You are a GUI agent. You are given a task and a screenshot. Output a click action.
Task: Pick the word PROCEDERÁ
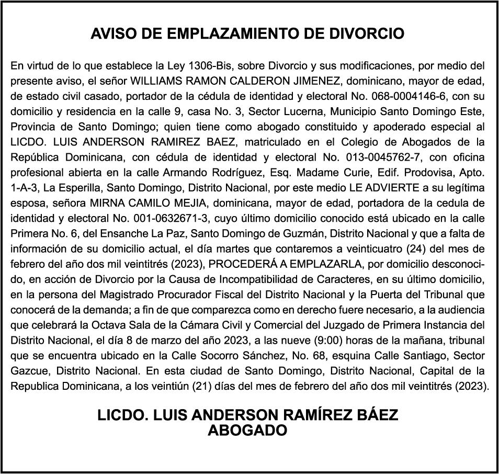pyautogui.click(x=238, y=263)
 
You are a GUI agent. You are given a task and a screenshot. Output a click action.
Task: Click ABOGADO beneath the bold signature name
pyautogui.click(x=248, y=431)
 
